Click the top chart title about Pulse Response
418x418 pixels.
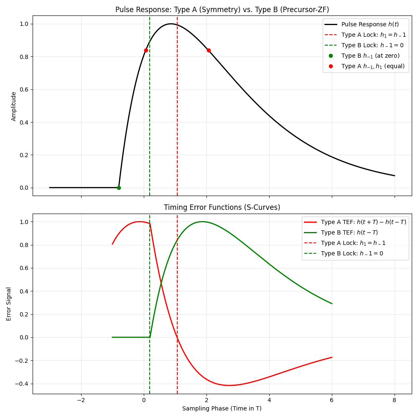[222, 10]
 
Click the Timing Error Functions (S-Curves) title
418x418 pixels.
[222, 208]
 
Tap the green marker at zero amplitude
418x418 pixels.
[119, 188]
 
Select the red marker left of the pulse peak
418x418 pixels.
[146, 50]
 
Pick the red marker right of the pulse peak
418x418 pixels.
[209, 50]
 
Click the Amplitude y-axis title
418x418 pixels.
[14, 106]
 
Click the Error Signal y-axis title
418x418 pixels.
[9, 304]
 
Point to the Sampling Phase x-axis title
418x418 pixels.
[222, 408]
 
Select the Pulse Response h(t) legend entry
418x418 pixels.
[370, 25]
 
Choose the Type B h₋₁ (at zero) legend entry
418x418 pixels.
[370, 56]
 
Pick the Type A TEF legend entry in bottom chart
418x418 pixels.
[363, 222]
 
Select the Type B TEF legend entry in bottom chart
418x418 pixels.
[349, 232]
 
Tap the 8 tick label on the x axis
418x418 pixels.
[395, 400]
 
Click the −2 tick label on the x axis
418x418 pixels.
[81, 400]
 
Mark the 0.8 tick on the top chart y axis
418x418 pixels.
[24, 57]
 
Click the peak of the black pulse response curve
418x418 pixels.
[171, 24]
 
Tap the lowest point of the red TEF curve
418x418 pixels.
[229, 385]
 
